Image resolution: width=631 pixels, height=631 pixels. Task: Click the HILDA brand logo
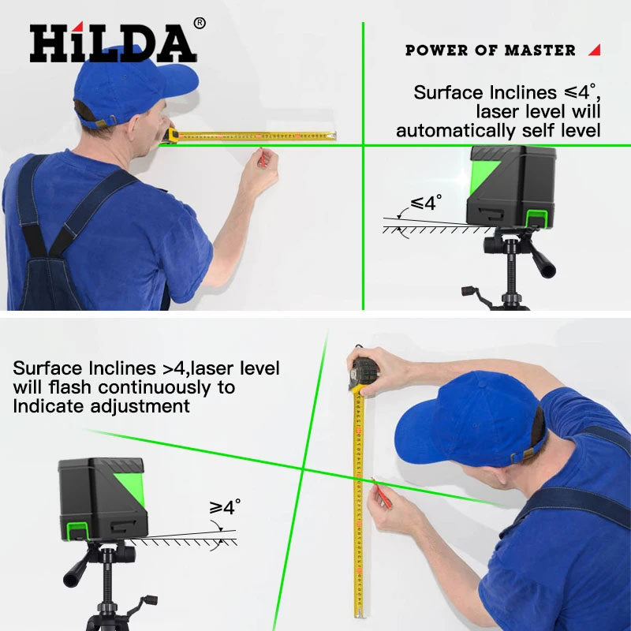pyautogui.click(x=113, y=43)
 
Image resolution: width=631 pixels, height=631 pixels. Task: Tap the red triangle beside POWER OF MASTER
pyautogui.click(x=594, y=50)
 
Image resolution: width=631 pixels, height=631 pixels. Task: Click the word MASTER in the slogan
pyautogui.click(x=540, y=50)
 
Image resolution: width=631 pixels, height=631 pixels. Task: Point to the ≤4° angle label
pyautogui.click(x=424, y=203)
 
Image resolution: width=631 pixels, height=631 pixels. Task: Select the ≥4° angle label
pyautogui.click(x=225, y=507)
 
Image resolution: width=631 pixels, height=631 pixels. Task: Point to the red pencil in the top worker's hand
pyautogui.click(x=261, y=157)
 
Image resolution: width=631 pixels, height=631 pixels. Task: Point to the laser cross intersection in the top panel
pyautogui.click(x=363, y=144)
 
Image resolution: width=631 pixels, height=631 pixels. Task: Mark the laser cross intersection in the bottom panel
pyautogui.click(x=304, y=470)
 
